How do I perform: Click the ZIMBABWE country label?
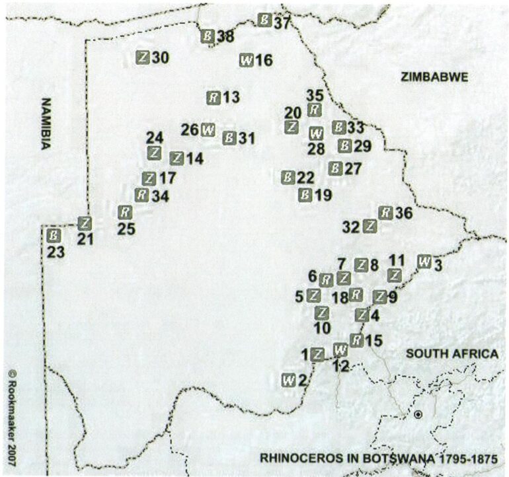434,77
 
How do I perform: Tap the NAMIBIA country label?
46,126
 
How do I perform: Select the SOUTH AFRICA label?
451,354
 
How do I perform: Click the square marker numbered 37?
264,20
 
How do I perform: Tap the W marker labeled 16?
246,60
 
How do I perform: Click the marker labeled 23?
55,235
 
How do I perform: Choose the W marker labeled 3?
424,261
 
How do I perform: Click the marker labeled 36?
385,212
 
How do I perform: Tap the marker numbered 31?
229,138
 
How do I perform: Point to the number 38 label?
225,37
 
